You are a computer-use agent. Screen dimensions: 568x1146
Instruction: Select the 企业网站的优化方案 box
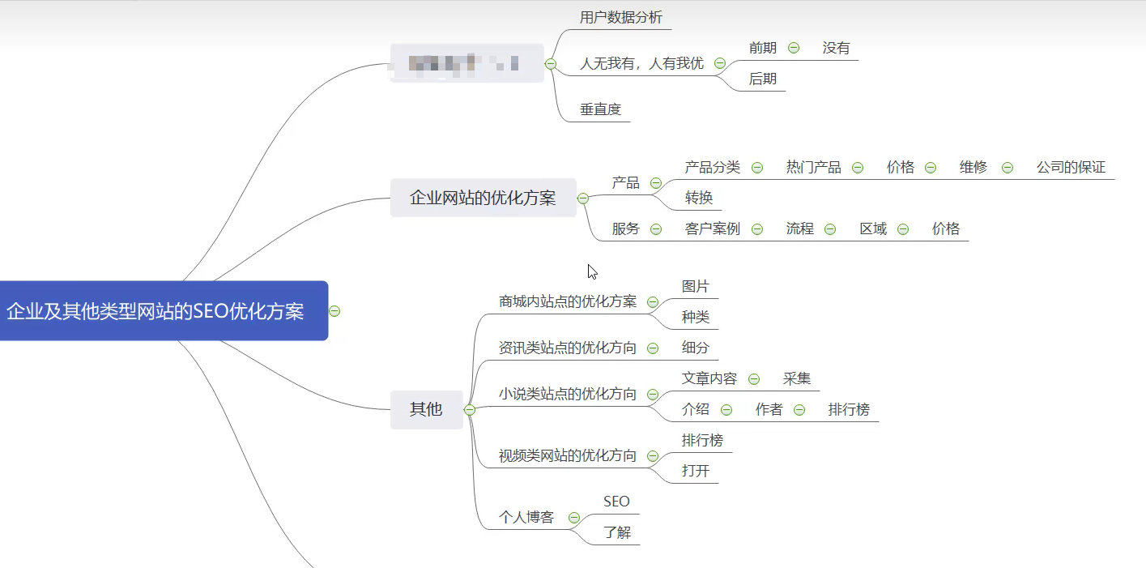click(x=483, y=198)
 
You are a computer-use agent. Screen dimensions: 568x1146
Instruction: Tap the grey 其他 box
click(x=426, y=409)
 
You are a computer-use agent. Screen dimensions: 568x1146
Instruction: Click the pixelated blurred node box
click(x=466, y=62)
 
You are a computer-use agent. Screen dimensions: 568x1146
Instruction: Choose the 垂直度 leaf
click(x=600, y=109)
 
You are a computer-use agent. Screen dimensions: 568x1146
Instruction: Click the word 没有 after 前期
click(x=836, y=48)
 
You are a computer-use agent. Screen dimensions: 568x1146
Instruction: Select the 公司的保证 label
click(x=1071, y=168)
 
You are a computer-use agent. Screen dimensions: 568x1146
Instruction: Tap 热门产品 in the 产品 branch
click(x=813, y=168)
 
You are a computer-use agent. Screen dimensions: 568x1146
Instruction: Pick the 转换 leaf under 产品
click(x=698, y=198)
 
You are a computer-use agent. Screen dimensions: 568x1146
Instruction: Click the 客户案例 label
click(x=712, y=228)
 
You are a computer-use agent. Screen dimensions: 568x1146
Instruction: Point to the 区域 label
click(x=873, y=228)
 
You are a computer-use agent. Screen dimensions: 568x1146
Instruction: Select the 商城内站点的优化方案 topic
click(x=567, y=301)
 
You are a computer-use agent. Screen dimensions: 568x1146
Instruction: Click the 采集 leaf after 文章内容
click(x=796, y=378)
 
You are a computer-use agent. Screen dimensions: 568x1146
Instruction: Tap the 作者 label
click(x=769, y=409)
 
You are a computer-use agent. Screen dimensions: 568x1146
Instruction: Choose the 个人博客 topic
click(x=526, y=517)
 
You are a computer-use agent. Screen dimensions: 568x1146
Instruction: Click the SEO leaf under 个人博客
click(x=616, y=502)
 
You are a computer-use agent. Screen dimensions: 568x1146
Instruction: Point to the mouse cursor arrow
click(x=592, y=271)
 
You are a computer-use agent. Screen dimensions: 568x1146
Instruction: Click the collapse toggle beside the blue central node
click(x=334, y=311)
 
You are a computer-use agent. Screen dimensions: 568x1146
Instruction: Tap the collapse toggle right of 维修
click(x=1007, y=168)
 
